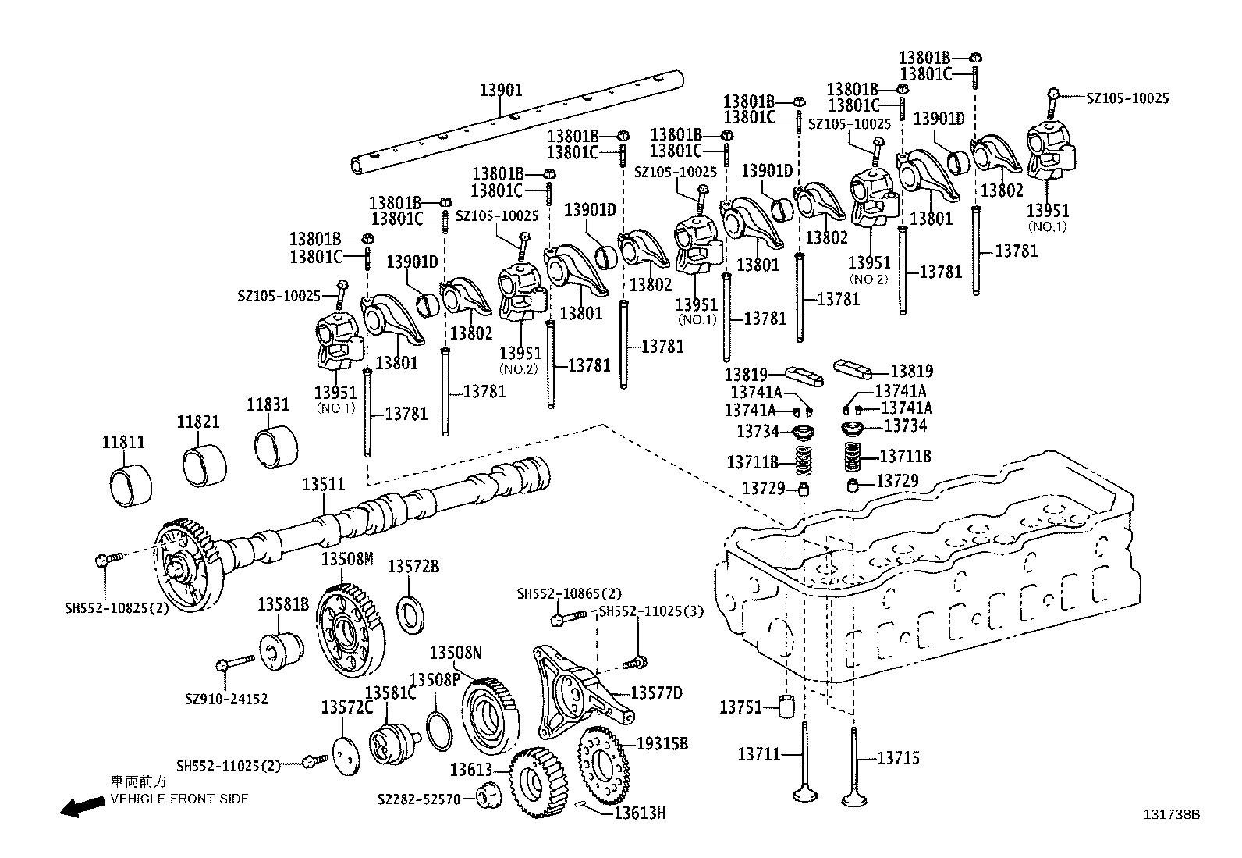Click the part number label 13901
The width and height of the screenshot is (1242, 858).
tap(500, 91)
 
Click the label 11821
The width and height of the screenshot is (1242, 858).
tap(197, 422)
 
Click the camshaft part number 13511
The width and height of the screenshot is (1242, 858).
tap(324, 485)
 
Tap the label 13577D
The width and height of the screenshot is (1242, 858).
tap(656, 692)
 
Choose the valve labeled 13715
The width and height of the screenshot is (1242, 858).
tap(854, 765)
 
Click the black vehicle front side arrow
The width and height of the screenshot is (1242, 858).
tap(83, 806)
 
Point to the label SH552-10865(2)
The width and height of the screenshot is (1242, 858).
tap(570, 594)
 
